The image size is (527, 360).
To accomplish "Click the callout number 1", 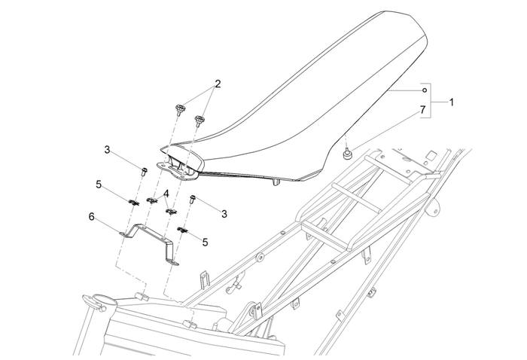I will point(452,100).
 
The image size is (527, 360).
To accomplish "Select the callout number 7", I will point(422,110).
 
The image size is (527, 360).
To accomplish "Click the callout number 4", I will point(166,194).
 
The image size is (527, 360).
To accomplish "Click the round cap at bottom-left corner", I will point(100,301).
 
